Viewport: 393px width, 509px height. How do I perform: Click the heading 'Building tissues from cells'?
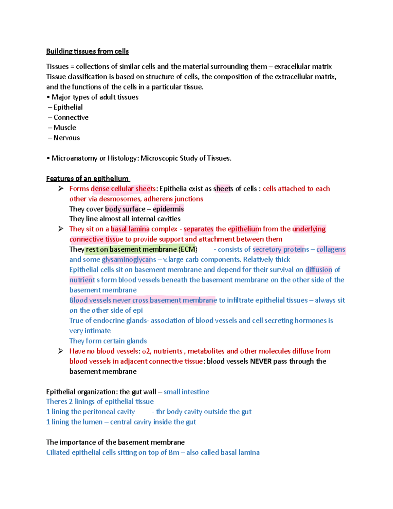pyautogui.click(x=87, y=51)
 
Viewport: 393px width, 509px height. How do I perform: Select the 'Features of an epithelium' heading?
pyautogui.click(x=87, y=179)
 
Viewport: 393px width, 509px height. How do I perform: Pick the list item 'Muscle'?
pyautogui.click(x=65, y=127)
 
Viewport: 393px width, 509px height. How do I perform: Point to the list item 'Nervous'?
pyautogui.click(x=66, y=138)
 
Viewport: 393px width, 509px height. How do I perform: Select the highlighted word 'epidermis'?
pyautogui.click(x=168, y=209)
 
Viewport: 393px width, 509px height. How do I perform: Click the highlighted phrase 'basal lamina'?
pyautogui.click(x=130, y=229)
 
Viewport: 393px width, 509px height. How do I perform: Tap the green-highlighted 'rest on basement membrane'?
pyautogui.click(x=131, y=249)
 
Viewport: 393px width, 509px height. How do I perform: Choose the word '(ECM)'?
pyautogui.click(x=188, y=249)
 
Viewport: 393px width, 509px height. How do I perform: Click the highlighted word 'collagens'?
pyautogui.click(x=330, y=249)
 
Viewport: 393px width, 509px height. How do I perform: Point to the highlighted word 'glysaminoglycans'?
pyautogui.click(x=129, y=260)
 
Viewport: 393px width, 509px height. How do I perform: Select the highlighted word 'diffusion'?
pyautogui.click(x=319, y=270)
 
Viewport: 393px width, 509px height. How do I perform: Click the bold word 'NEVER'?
pyautogui.click(x=261, y=361)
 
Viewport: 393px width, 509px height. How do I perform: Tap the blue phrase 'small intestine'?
pyautogui.click(x=186, y=392)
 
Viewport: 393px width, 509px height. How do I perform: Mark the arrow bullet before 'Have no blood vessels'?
pyautogui.click(x=61, y=351)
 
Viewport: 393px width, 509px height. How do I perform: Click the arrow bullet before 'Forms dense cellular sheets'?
pyautogui.click(x=61, y=188)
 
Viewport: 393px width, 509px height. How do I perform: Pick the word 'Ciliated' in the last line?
pyautogui.click(x=58, y=453)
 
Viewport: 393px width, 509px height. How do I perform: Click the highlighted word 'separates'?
pyautogui.click(x=198, y=229)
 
